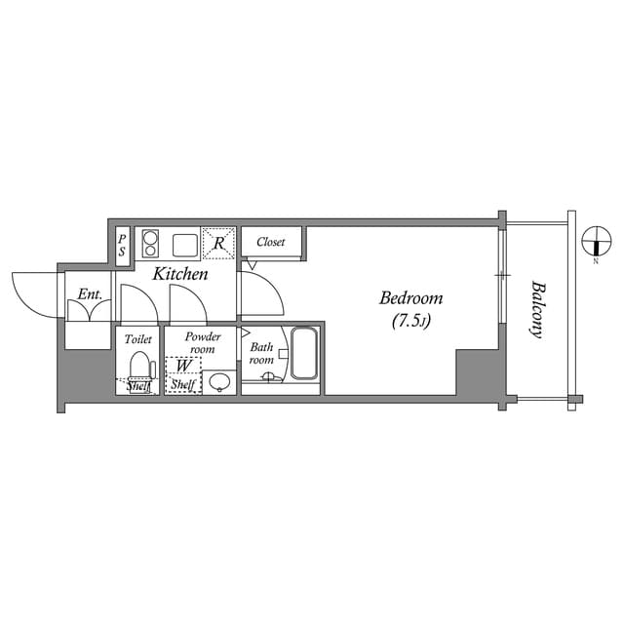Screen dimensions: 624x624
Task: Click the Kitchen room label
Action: (x=179, y=275)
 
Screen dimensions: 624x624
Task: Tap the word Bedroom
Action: (x=410, y=298)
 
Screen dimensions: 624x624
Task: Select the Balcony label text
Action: (x=536, y=309)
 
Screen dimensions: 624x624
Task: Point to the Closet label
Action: (x=271, y=242)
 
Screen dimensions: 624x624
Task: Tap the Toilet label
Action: (x=138, y=339)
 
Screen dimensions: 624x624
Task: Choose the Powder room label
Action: (x=202, y=342)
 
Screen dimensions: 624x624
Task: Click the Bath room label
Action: (x=262, y=353)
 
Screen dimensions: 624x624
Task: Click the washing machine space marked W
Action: (x=182, y=367)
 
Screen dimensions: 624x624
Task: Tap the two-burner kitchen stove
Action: (x=151, y=242)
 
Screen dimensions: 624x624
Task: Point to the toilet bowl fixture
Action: (x=138, y=369)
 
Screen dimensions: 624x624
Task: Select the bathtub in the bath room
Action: (x=304, y=354)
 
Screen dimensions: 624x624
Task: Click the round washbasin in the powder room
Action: (x=220, y=381)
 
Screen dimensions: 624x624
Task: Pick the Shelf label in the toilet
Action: (x=138, y=387)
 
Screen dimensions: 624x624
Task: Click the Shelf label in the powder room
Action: (x=182, y=386)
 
